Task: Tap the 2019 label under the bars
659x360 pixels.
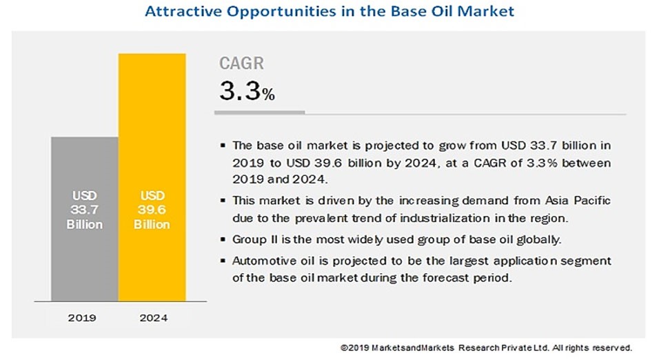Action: [x=83, y=319]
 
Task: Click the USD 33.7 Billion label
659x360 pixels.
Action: [x=83, y=210]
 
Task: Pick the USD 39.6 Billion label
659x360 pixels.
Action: [x=152, y=210]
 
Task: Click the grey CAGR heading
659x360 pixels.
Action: [x=241, y=64]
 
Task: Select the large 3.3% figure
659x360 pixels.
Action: [x=247, y=92]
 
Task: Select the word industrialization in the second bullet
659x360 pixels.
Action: [x=467, y=219]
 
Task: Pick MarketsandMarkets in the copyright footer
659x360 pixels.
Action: [x=406, y=348]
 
